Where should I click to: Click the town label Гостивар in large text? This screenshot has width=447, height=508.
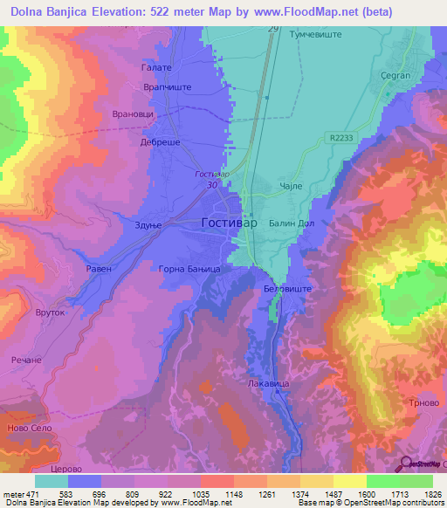click(x=230, y=223)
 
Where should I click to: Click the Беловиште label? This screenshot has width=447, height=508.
click(x=287, y=287)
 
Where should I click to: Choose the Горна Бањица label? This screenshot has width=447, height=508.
click(x=196, y=270)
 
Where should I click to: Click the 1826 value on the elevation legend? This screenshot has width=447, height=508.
click(x=432, y=494)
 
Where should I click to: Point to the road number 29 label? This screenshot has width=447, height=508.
click(x=273, y=30)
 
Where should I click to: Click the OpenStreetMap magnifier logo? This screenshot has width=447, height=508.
click(x=406, y=463)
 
